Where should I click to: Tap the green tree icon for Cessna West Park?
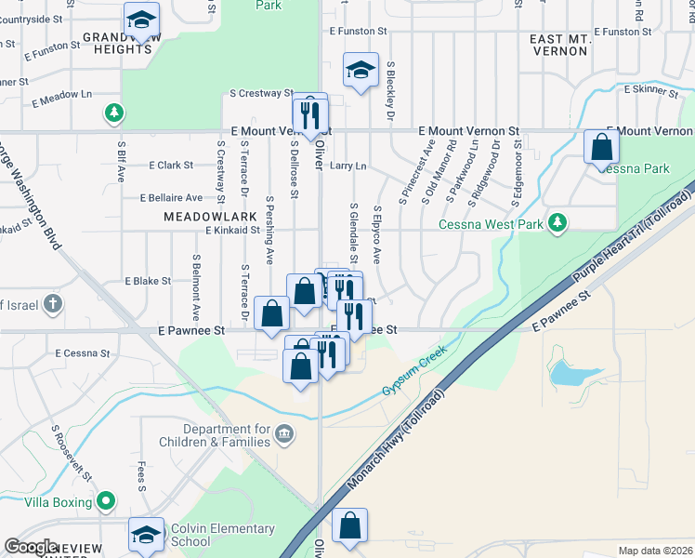pos(557,221)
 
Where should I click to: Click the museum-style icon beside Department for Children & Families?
pos(284,432)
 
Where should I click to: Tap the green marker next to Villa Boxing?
pos(107,501)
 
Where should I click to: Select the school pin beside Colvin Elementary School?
pos(146,534)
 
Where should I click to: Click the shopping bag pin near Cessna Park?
pos(601,146)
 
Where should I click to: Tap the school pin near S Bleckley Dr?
pos(361,70)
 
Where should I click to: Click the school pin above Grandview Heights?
pos(141,20)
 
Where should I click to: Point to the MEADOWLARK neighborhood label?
pos(197,216)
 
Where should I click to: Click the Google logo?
pos(30,547)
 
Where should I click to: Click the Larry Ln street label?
pos(348,166)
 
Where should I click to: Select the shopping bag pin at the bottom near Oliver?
pos(350,525)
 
